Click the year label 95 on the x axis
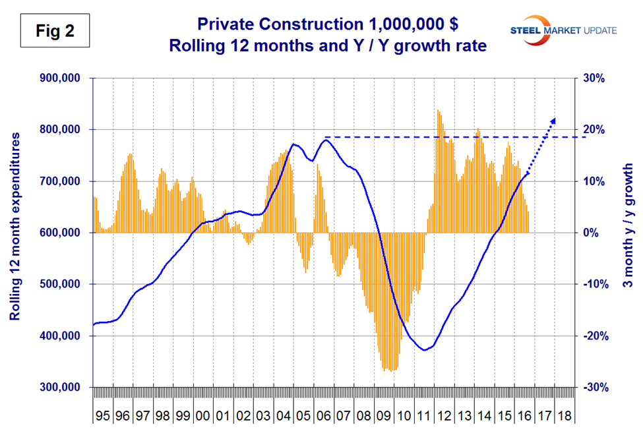[103, 418]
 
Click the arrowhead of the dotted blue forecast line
[553, 120]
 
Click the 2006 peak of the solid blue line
[326, 139]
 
